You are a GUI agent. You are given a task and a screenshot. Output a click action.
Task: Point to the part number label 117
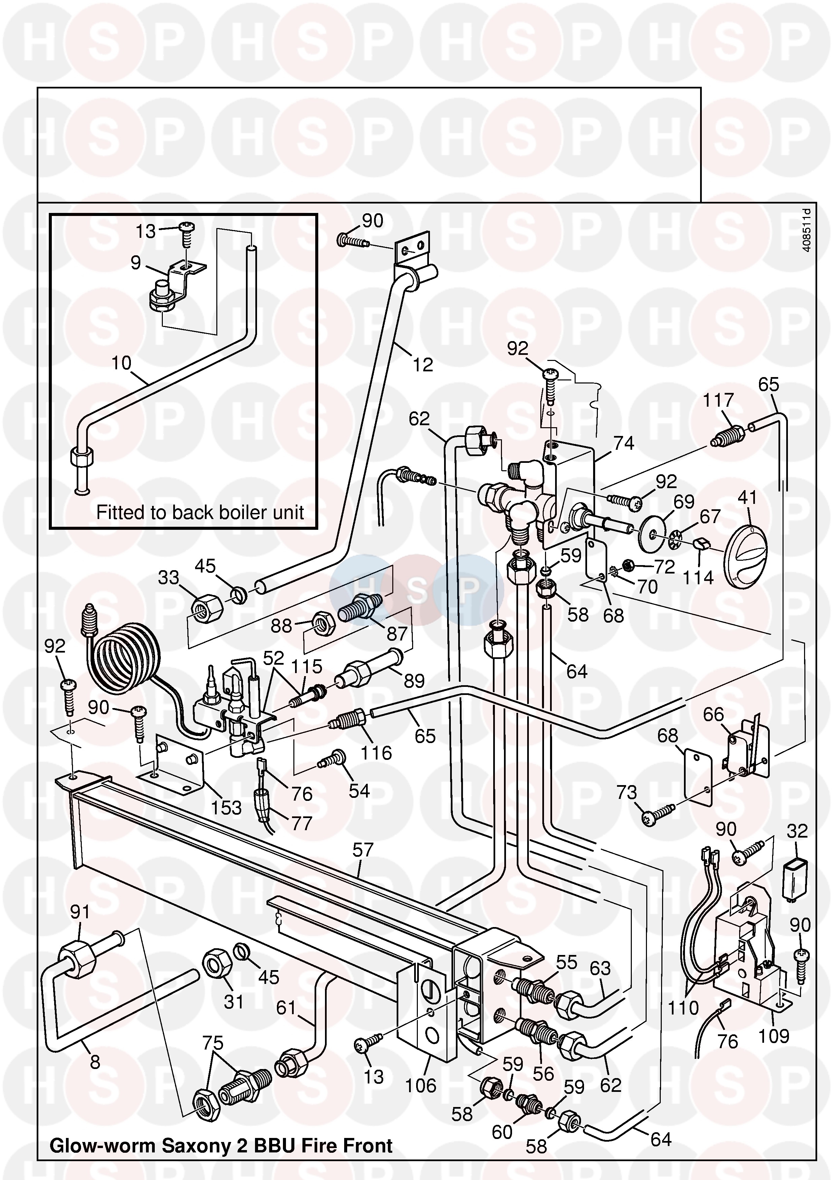718,400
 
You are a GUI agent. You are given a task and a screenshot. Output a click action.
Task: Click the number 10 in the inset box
122,363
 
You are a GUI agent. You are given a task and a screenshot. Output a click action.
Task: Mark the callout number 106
420,1085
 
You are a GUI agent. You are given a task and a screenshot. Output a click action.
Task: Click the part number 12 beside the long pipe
423,365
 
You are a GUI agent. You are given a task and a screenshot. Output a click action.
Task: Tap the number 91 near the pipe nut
80,912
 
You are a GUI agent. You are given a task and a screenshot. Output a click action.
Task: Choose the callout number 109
773,1036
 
